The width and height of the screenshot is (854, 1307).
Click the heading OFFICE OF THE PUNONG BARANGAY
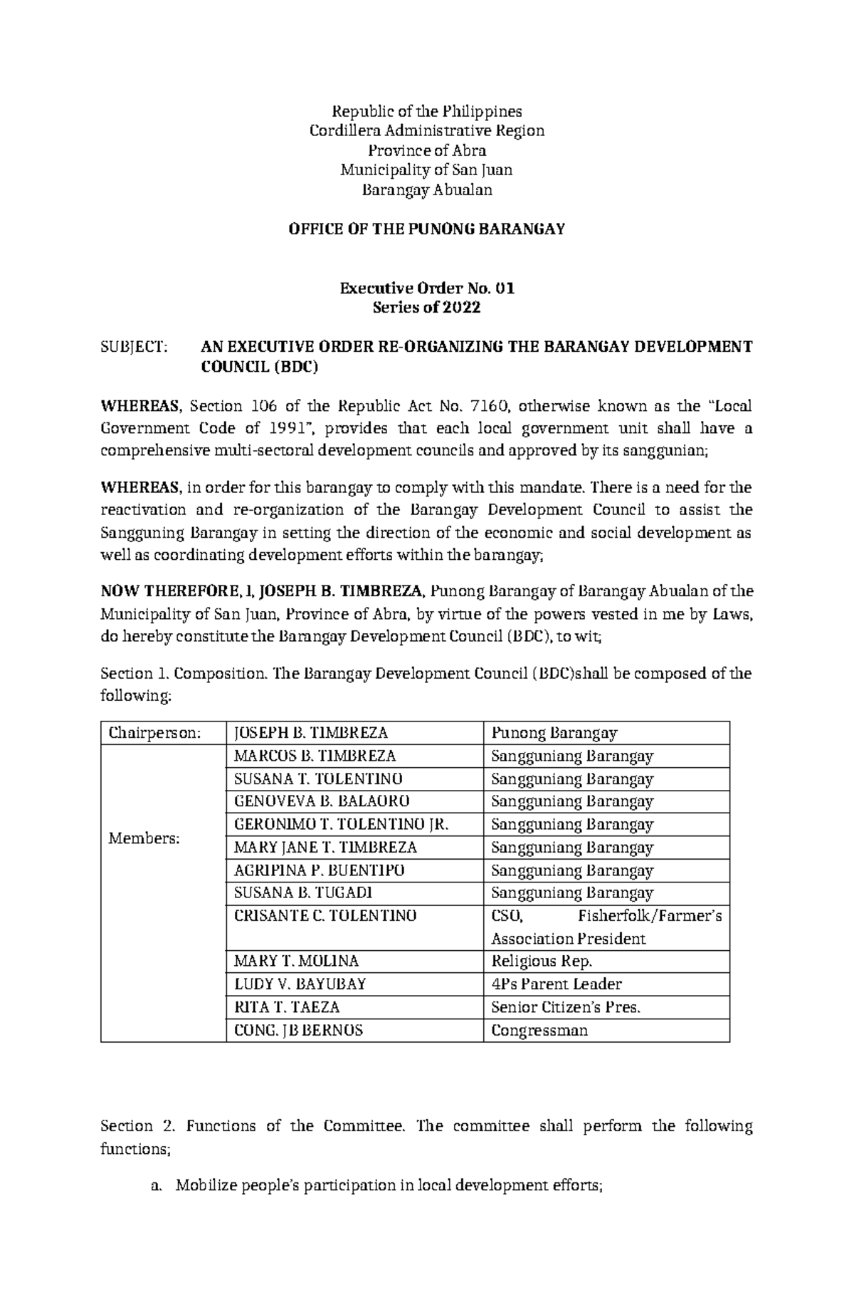tap(426, 229)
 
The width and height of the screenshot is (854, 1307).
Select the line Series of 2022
tap(426, 308)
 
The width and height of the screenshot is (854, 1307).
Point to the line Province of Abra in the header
tap(426, 150)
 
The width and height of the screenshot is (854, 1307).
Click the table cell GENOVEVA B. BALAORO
tap(322, 801)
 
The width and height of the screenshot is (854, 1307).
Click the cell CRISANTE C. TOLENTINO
tap(325, 916)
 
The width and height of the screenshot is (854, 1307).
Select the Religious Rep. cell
tap(542, 962)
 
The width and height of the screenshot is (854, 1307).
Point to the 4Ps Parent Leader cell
tap(556, 984)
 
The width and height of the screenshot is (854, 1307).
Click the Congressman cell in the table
tap(539, 1030)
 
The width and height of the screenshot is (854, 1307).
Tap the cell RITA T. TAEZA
tap(287, 1007)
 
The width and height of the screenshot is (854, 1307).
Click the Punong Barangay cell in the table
tap(554, 733)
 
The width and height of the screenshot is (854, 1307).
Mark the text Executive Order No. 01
tap(426, 288)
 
